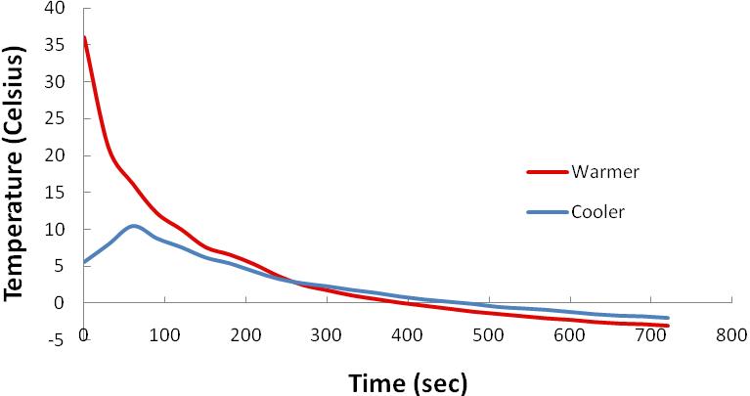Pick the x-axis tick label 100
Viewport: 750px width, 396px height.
(x=164, y=334)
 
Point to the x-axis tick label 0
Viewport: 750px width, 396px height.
(x=84, y=334)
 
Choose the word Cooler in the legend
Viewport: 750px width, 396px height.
(x=597, y=210)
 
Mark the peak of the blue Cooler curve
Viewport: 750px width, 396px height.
(x=134, y=226)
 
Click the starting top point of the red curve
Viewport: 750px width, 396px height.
(x=84, y=37)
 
